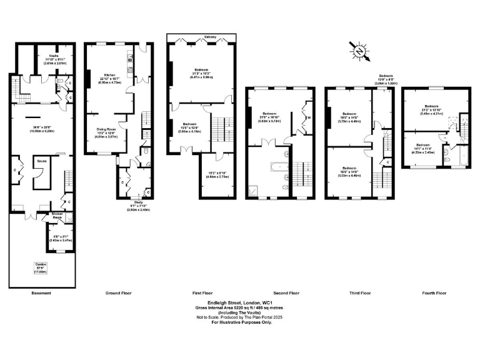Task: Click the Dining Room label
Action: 106,129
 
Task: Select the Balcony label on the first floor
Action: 210,38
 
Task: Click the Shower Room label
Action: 57,216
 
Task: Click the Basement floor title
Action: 41,292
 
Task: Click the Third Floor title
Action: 359,292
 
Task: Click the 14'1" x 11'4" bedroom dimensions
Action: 423,148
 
